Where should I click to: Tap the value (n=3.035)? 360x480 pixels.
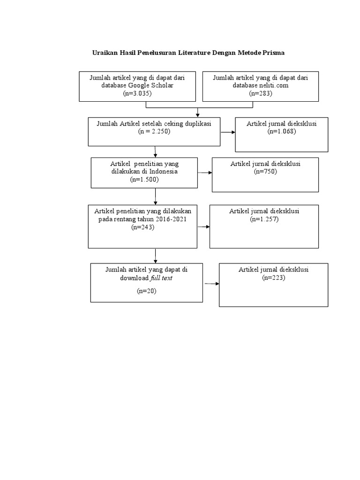coord(137,93)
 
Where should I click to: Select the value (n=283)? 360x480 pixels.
coord(261,93)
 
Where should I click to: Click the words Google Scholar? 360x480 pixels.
coord(150,85)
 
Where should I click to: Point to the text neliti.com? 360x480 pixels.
coord(274,85)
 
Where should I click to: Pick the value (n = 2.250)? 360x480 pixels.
coord(154,131)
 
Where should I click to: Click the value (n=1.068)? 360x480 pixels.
coord(282,131)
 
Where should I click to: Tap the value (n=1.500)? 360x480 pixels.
coord(144,180)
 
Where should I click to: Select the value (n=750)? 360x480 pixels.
coord(265,172)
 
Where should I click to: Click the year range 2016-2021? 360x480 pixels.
coord(171,219)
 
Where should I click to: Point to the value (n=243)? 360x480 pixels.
coord(142,227)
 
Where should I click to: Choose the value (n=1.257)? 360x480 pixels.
coord(264,219)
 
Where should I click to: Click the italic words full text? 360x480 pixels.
coord(161,278)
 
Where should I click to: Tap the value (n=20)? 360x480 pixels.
coord(147,291)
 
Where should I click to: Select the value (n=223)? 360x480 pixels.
coord(274,277)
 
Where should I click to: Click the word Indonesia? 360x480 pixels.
coord(164,172)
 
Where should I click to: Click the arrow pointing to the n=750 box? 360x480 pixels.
coord(205,172)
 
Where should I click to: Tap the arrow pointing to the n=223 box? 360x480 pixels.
coord(212,284)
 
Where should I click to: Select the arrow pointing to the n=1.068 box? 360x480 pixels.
coord(228,132)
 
